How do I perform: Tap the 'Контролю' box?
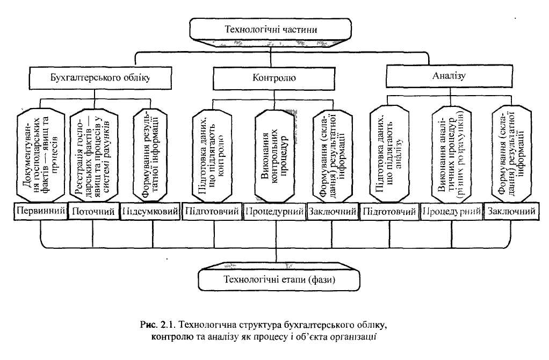tap(274, 77)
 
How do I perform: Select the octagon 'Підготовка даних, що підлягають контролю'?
tap(211, 156)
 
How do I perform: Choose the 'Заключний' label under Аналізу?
tap(511, 211)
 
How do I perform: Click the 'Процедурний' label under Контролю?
tap(275, 211)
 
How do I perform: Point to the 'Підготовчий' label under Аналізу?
tap(389, 211)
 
